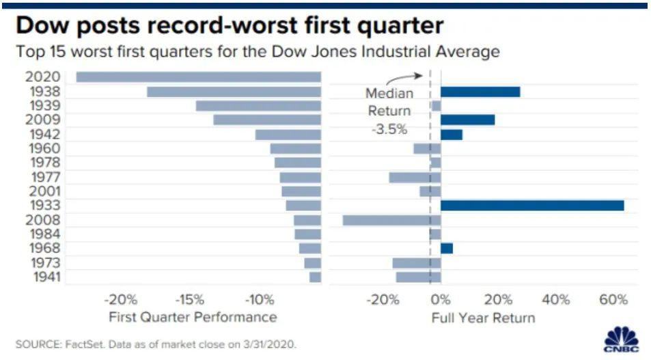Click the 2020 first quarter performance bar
point(198,77)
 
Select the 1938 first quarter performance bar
point(234,92)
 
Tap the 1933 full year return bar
point(532,206)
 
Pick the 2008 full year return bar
point(391,220)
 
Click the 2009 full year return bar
point(467,120)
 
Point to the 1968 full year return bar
point(447,248)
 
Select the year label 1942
point(42,134)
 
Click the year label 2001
point(42,191)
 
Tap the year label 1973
point(42,263)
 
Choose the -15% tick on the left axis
point(189,300)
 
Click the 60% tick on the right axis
point(612,300)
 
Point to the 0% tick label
point(441,300)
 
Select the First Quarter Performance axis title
point(193,318)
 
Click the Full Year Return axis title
point(483,318)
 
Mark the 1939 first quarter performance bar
point(258,106)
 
